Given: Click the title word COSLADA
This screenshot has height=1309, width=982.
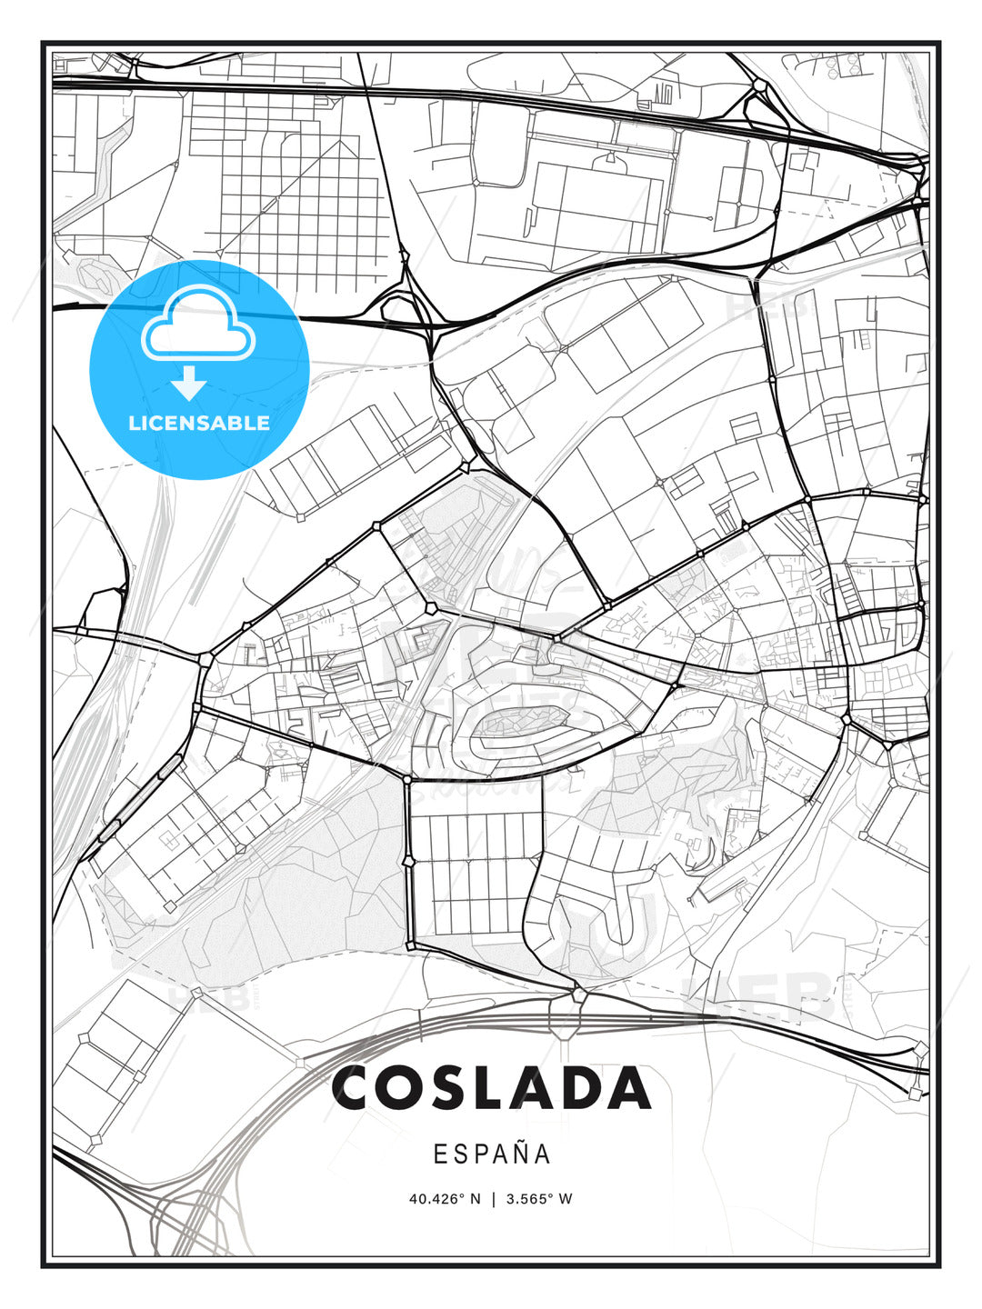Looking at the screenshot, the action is pyautogui.click(x=492, y=1087).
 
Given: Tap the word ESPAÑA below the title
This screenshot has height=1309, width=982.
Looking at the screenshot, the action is pyautogui.click(x=492, y=1154).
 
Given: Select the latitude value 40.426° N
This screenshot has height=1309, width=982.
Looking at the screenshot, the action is pyautogui.click(x=445, y=1199).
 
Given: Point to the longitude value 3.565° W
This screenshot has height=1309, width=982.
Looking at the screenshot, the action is pyautogui.click(x=540, y=1199).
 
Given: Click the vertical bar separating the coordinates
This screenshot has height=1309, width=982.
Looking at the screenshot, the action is pyautogui.click(x=494, y=1199).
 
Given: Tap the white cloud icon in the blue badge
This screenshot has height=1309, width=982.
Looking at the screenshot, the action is pyautogui.click(x=195, y=323).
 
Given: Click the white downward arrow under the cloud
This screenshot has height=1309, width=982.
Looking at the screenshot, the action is pyautogui.click(x=189, y=383).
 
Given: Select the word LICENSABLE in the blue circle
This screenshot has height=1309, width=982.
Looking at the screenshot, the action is pyautogui.click(x=199, y=423).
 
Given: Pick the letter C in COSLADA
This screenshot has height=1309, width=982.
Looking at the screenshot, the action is pyautogui.click(x=356, y=1087).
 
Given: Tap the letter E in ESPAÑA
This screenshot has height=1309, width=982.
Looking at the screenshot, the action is pyautogui.click(x=440, y=1154).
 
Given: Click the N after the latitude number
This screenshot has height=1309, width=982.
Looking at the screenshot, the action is pyautogui.click(x=475, y=1199).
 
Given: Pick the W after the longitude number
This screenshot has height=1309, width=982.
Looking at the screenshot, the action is pyautogui.click(x=566, y=1199).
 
